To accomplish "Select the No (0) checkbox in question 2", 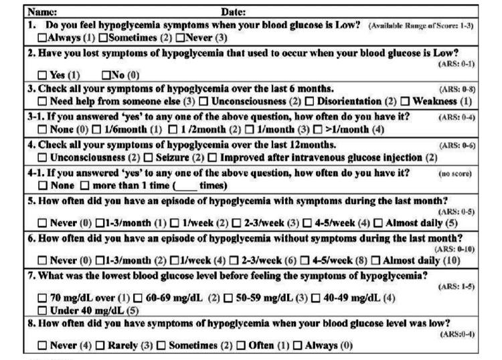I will click(x=105, y=74).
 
